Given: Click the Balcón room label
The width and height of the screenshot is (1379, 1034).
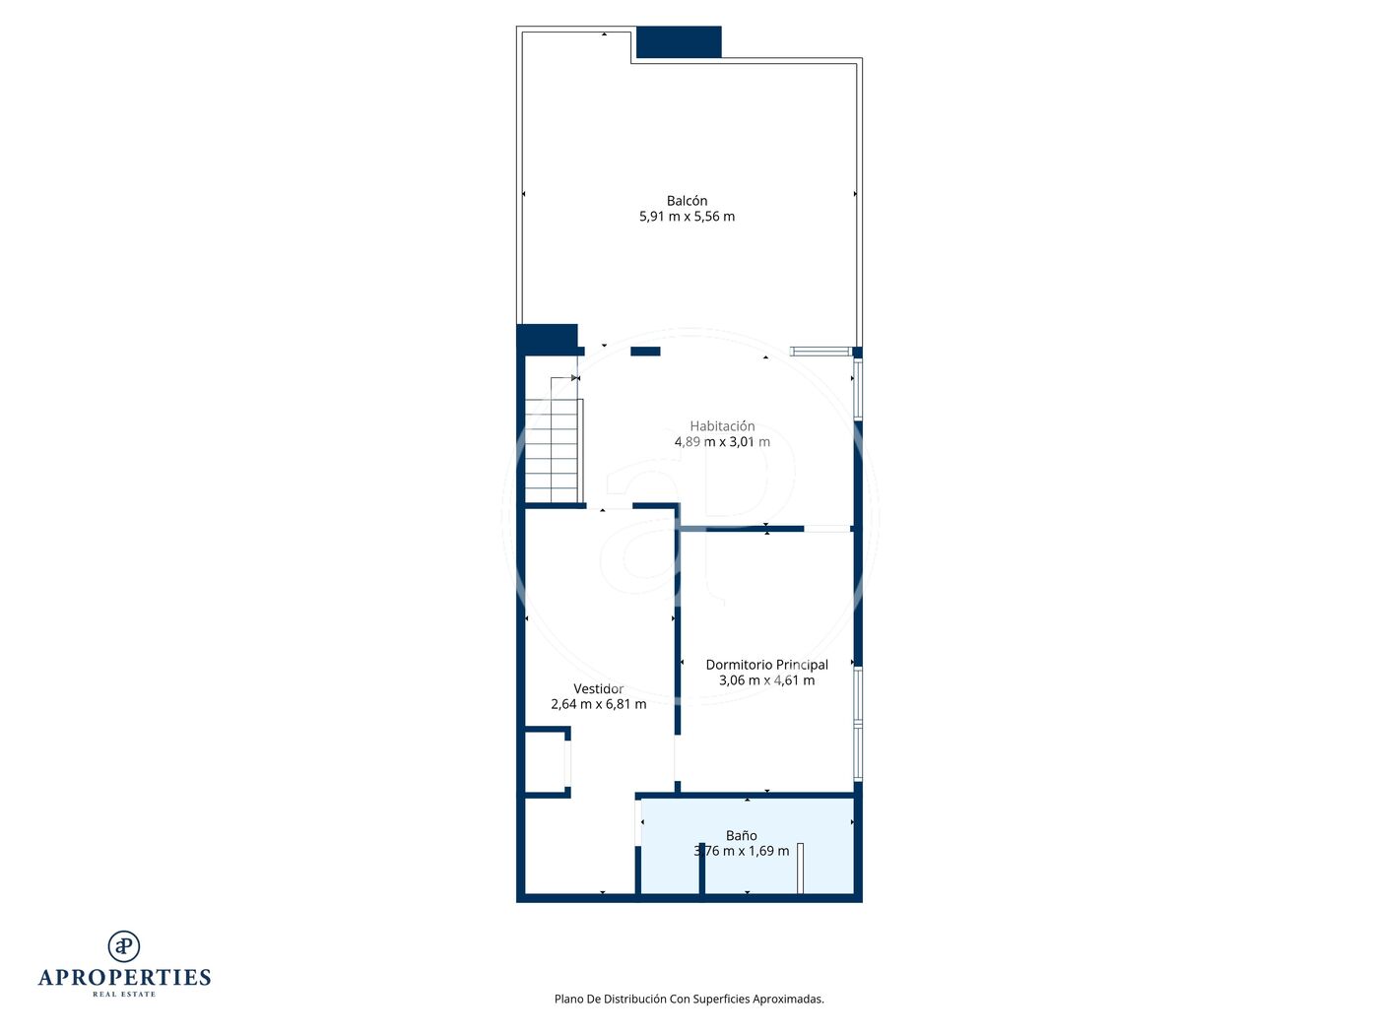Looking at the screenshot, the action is pos(687,201).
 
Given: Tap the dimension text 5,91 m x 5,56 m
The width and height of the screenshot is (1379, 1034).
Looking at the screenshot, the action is pos(687,217).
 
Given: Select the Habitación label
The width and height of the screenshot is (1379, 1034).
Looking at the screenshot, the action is pos(722,426).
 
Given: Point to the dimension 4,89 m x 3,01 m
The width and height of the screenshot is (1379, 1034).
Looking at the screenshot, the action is pos(722,442).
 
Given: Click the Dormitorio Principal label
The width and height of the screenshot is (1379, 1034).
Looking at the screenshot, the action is pos(766,665).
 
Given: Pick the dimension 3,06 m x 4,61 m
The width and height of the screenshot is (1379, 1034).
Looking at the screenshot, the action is pos(766,680).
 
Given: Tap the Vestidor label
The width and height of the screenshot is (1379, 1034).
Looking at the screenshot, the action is pos(598,689).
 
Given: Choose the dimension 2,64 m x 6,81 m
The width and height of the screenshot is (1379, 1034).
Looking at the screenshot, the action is pos(598,704).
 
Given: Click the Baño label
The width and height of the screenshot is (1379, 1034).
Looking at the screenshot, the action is pos(742,836).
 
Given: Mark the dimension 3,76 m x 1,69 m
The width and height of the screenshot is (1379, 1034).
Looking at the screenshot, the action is pos(742,851).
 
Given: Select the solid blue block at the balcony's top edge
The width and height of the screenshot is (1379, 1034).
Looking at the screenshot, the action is pos(679,41).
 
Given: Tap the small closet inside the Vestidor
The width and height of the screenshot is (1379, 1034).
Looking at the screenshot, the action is pos(548,762).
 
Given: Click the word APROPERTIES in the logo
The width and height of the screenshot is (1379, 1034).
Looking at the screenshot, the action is pos(124,978).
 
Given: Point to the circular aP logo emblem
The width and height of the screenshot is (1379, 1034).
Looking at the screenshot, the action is pos(124,946).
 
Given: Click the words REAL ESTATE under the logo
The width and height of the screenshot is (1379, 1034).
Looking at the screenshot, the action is pos(124,995).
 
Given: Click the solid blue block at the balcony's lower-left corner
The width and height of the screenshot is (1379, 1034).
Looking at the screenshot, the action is pos(548,340).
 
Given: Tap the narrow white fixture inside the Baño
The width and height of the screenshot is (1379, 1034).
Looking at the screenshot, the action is pos(801,869).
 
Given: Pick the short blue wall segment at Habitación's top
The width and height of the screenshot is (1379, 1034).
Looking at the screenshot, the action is pos(645,352).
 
